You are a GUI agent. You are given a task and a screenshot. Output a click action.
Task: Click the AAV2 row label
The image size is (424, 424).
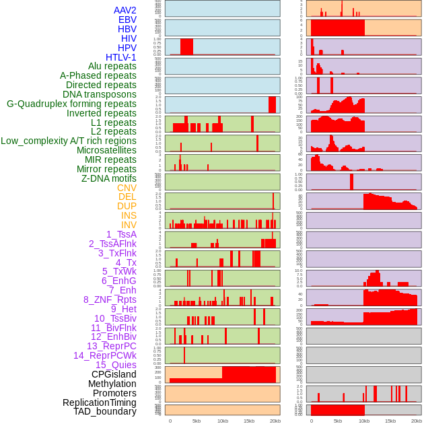(125, 10)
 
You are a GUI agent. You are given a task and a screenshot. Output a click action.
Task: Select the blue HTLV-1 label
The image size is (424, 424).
(121, 57)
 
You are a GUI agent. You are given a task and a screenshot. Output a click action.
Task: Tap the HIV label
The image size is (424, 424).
(129, 38)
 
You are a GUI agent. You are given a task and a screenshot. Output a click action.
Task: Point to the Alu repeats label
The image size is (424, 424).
(112, 66)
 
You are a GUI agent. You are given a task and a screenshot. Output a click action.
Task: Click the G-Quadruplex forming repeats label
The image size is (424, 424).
(71, 104)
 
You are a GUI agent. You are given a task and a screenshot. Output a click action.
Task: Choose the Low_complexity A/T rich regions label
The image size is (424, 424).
(69, 141)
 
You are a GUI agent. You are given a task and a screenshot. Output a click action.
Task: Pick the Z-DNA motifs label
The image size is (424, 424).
(109, 178)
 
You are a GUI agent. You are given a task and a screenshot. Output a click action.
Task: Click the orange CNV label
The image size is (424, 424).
(127, 188)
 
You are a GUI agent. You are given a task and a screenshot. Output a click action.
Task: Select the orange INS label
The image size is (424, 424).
(129, 215)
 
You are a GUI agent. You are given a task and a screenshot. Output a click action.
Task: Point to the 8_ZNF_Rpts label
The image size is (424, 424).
(110, 299)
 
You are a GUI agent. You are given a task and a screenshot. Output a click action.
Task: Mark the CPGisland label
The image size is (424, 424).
(114, 374)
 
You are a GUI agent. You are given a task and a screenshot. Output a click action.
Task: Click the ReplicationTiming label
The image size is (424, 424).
(99, 402)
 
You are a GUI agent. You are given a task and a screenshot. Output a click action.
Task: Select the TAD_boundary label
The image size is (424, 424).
(105, 411)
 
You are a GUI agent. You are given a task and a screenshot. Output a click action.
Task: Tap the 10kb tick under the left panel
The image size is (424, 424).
(222, 421)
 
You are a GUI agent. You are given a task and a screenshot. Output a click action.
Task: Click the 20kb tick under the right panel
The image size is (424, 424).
(417, 421)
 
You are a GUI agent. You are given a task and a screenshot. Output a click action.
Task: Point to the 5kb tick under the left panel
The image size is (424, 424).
(196, 421)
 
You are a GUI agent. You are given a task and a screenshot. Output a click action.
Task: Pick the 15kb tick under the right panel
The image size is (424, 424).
(390, 421)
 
